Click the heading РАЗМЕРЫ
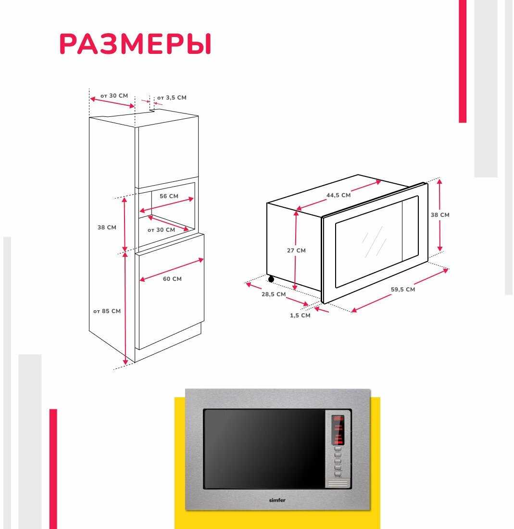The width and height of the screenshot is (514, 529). point(135,45)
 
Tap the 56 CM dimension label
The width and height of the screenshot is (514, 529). point(169,196)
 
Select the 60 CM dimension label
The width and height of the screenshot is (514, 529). point(172,279)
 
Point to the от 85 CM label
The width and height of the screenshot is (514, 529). point(107,311)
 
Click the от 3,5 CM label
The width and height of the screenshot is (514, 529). point(172,98)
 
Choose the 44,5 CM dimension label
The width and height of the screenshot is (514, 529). point(338,195)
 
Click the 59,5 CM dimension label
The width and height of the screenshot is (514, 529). point(402,290)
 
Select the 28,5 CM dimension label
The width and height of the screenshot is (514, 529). point(274,294)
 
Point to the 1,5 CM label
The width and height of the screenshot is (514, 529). point(300,315)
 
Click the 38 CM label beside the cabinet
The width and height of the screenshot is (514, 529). point(107,227)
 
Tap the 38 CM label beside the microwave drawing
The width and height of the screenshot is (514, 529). point(440,215)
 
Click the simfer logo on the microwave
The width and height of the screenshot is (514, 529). point(277,500)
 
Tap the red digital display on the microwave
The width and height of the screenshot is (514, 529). point(338,419)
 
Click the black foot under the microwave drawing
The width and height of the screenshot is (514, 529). point(271,279)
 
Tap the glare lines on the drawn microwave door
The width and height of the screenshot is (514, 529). point(374,242)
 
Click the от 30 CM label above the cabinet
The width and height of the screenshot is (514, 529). point(114,96)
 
